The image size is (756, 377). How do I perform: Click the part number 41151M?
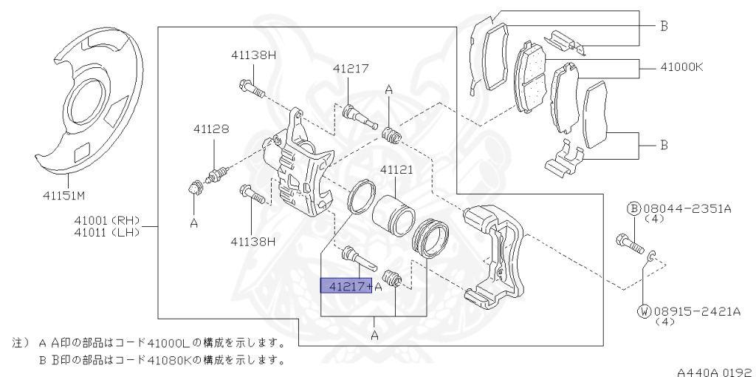(65, 196)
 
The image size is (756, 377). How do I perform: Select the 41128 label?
(211, 129)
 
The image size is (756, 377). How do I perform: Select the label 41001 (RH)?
(108, 220)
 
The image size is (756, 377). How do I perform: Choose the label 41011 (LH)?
(108, 233)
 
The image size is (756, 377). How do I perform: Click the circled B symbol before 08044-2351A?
(633, 208)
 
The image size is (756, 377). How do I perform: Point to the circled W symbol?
(644, 311)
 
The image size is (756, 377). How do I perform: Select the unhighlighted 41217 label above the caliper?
(350, 68)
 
